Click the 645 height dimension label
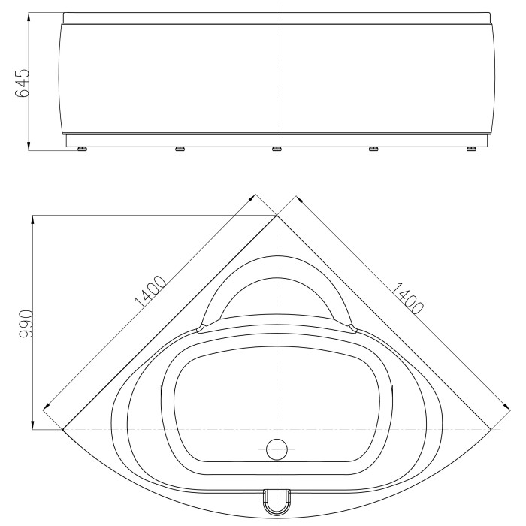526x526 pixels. [23, 83]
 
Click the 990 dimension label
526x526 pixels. [26, 324]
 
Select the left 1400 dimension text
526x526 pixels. [150, 292]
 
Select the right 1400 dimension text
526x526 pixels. [407, 298]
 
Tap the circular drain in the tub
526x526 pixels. [277, 449]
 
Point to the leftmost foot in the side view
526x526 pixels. [82, 149]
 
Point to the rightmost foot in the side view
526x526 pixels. [472, 149]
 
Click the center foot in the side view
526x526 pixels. [277, 149]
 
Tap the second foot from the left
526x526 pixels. [180, 149]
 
